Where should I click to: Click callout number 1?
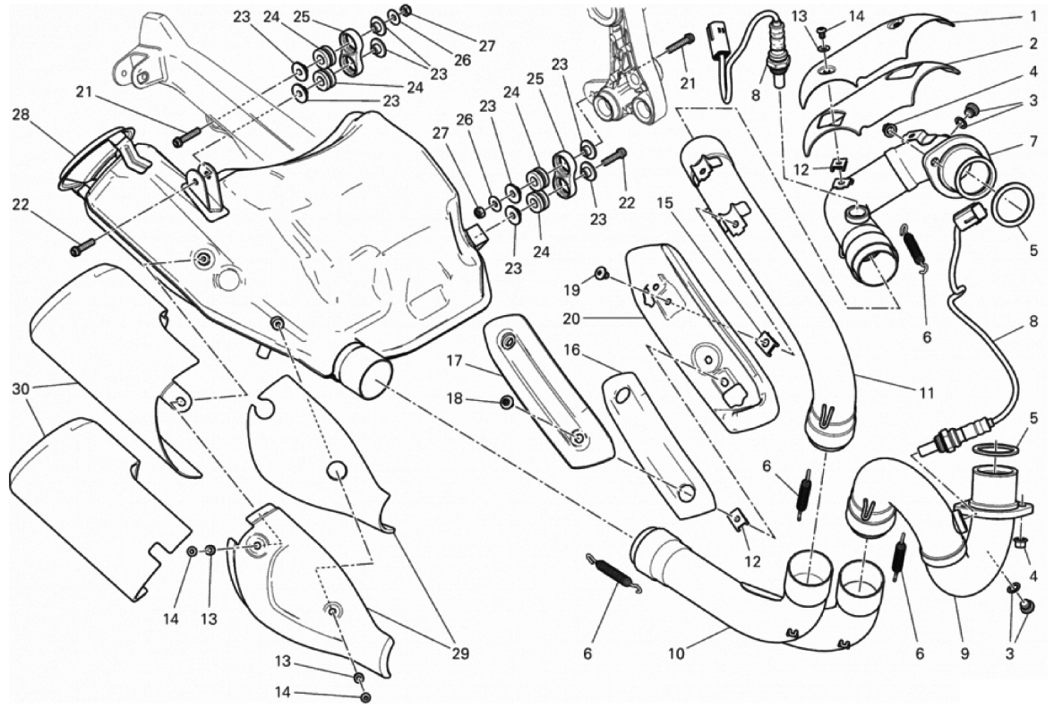1033,16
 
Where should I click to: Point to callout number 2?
1033,43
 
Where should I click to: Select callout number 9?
964,654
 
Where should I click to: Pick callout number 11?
927,392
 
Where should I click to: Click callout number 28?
21,114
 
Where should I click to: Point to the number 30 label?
21,388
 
